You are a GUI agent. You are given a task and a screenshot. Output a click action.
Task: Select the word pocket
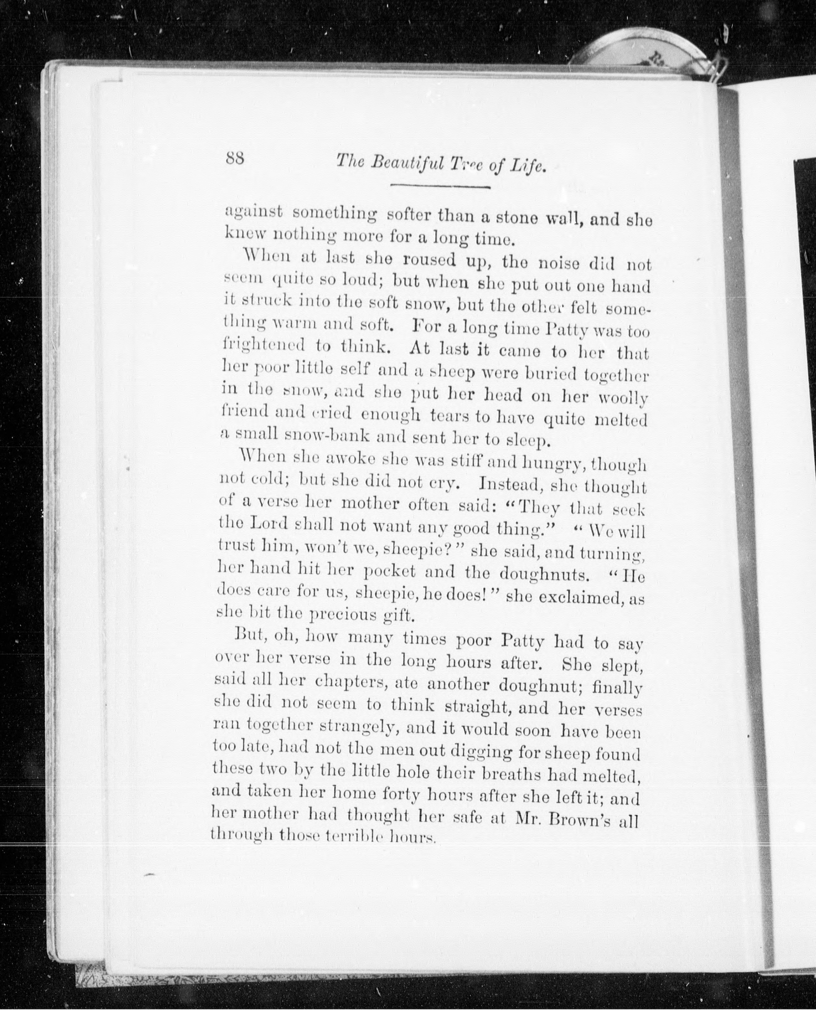point(390,572)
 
